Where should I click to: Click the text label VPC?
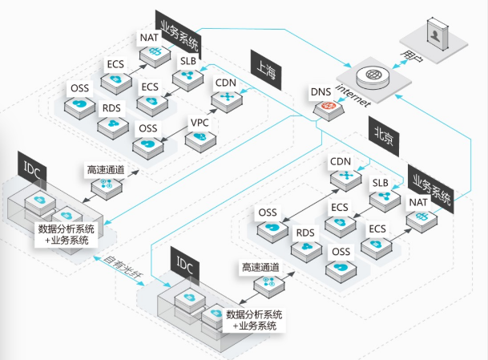[200, 123]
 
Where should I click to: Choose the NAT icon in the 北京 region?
[421, 217]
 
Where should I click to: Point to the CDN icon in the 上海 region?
[224, 99]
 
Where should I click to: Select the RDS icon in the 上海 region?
[115, 125]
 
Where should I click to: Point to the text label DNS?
[319, 93]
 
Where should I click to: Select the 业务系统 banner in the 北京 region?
[432, 187]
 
